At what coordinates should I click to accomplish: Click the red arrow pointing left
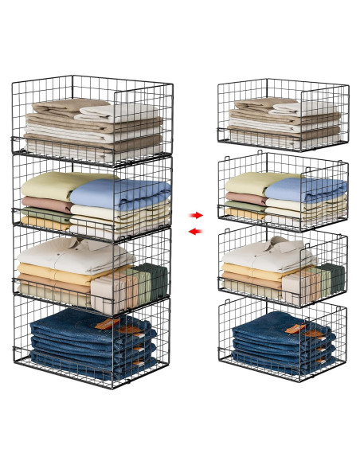[x=191, y=231]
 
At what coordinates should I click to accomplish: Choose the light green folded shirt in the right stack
[x=246, y=184]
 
